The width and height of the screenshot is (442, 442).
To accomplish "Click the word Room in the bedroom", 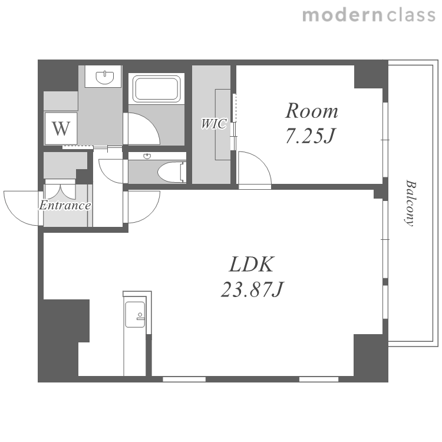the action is point(312,111).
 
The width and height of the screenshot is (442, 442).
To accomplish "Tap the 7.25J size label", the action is point(311,136).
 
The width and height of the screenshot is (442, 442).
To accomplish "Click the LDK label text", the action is point(252,265).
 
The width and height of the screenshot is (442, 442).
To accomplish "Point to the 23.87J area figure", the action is point(252,289).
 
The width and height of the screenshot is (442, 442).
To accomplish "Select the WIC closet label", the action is point(214,124).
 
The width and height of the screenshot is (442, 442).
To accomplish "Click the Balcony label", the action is point(410,203).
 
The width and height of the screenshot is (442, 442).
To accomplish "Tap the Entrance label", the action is point(65,205).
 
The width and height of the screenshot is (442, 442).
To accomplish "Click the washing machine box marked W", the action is point(61,128).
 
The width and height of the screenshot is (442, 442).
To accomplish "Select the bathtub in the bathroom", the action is point(157,88).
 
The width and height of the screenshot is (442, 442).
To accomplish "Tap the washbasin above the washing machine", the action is point(105,77).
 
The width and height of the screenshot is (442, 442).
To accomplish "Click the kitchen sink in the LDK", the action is point(135,315).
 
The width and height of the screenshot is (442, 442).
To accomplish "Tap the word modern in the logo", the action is point(342,15).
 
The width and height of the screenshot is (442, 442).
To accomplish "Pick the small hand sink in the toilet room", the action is point(147,156).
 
